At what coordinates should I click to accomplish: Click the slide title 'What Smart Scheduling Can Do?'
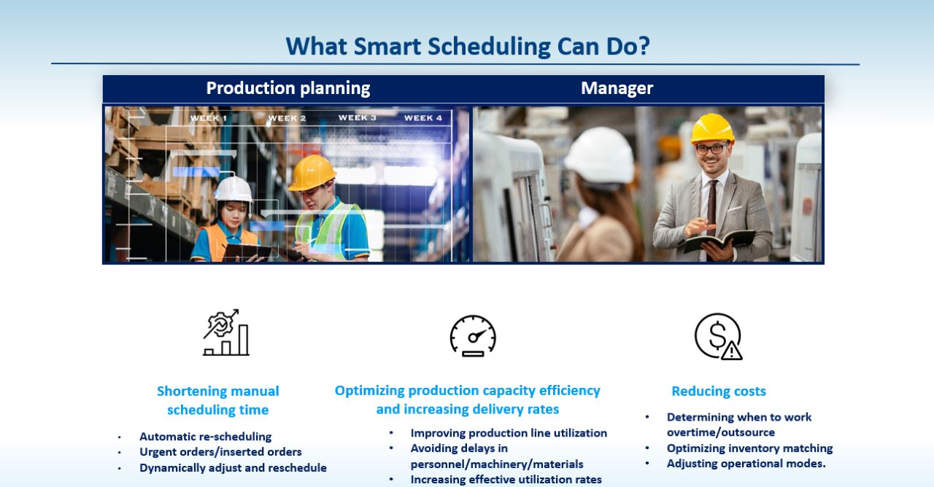[467, 46]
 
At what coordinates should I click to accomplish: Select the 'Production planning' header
[288, 88]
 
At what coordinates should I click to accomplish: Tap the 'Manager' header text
[617, 88]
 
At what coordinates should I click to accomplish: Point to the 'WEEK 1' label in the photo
[208, 118]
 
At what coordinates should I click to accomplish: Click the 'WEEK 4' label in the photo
[423, 118]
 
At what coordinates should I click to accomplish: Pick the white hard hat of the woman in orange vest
[233, 189]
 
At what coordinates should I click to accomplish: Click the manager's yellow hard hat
[712, 128]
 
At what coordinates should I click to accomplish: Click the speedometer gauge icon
[473, 335]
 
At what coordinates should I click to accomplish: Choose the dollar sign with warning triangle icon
[719, 336]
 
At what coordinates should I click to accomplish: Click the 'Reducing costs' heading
[719, 391]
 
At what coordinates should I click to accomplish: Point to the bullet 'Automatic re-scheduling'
[205, 437]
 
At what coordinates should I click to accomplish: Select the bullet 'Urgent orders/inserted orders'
[220, 452]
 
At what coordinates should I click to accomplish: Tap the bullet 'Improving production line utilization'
[509, 433]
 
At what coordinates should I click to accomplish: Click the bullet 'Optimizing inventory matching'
[749, 448]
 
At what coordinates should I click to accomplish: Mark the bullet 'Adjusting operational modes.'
[746, 464]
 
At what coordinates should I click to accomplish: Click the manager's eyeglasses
[710, 149]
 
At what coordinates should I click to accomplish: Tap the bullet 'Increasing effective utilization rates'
[506, 479]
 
